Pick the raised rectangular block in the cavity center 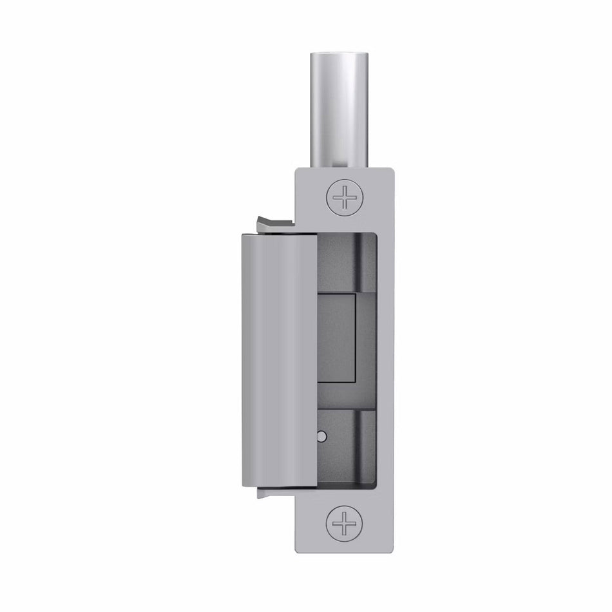click(338, 337)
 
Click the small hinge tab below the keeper click(274, 493)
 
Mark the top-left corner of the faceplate click(297, 169)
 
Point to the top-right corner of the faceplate click(392, 169)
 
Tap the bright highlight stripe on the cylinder click(352, 116)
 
